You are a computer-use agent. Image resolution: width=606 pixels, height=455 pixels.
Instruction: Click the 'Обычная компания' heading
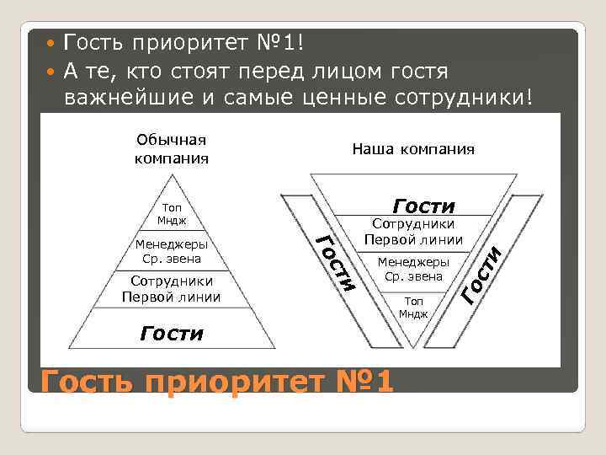171,147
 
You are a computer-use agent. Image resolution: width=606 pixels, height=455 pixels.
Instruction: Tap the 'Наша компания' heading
412,149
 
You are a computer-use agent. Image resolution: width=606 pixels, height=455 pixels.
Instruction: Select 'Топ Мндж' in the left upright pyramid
171,214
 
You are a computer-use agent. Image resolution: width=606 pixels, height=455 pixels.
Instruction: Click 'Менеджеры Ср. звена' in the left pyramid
171,251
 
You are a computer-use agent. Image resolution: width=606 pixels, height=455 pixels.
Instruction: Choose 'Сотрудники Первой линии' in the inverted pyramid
413,232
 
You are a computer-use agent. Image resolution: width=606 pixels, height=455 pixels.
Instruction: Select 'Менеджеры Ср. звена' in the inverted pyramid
413,268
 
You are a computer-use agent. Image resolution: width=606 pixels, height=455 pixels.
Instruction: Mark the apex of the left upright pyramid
171,175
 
